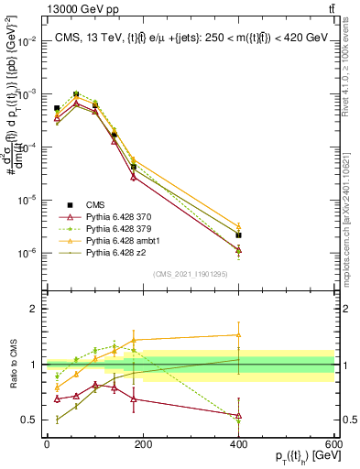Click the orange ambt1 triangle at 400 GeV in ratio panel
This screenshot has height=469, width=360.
238,335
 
